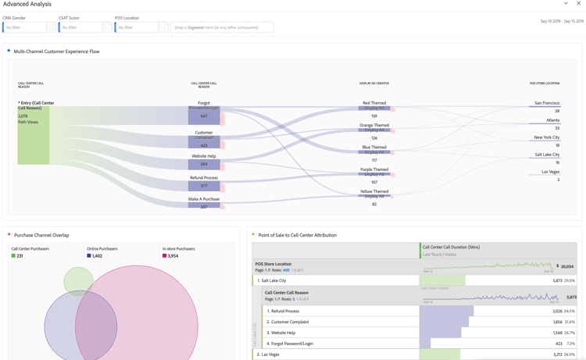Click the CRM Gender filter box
tap(25, 27)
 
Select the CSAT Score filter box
tap(81, 27)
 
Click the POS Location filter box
tap(138, 27)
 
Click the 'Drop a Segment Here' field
tap(222, 27)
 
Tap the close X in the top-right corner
tap(578, 4)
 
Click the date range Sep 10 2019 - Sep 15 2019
tap(562, 21)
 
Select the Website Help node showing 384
tap(204, 164)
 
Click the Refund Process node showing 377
tap(204, 186)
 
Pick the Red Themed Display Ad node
tap(374, 108)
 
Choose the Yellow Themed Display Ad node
tap(374, 196)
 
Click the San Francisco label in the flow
tap(547, 103)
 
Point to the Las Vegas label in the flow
tap(550, 172)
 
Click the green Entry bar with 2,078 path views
tap(34, 135)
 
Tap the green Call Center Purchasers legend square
tap(13, 256)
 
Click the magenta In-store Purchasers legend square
tap(165, 256)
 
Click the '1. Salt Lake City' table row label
tap(273, 280)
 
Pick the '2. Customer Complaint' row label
tap(288, 322)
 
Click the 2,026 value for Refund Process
tap(557, 311)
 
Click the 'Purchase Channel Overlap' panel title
tap(41, 235)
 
